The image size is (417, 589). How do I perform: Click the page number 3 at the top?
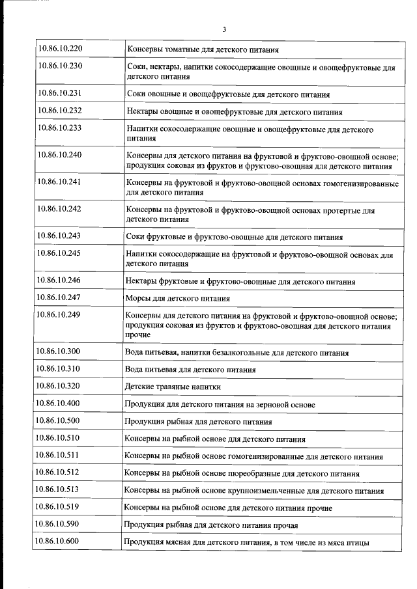(224, 29)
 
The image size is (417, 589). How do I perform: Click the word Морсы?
(139, 299)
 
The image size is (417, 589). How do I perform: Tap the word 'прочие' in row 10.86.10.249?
(137, 335)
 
